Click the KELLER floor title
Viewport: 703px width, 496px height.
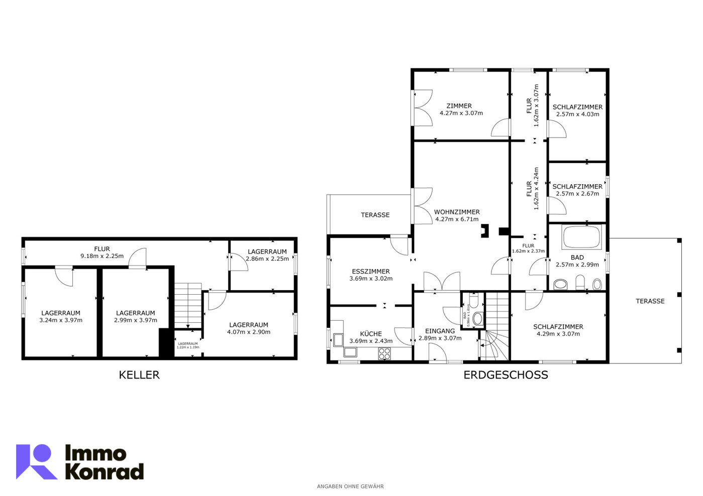click(139, 375)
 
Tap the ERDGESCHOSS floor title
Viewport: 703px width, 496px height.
click(506, 375)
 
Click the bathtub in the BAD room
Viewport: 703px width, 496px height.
click(582, 237)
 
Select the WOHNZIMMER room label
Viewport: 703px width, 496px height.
click(457, 212)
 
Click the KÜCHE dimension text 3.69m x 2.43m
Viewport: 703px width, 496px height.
click(371, 341)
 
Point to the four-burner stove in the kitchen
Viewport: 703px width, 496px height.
click(384, 353)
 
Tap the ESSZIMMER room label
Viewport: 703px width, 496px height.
click(371, 271)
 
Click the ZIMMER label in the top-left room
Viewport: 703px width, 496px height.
click(459, 106)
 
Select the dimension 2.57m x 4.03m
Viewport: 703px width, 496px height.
click(577, 114)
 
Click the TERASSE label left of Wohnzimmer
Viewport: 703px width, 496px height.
click(375, 215)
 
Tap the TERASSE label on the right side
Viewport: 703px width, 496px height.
click(650, 301)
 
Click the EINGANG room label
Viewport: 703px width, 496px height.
click(440, 331)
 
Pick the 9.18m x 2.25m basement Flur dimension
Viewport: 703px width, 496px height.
click(102, 256)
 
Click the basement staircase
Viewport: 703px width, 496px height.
click(188, 305)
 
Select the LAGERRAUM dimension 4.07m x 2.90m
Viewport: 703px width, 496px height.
click(249, 332)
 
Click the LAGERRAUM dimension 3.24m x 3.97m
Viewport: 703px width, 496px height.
click(61, 320)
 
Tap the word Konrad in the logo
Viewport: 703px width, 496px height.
click(105, 472)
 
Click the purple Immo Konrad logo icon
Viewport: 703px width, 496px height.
click(36, 461)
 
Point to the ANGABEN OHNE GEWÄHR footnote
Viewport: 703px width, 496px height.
click(350, 486)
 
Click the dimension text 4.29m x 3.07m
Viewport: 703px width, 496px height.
click(558, 333)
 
